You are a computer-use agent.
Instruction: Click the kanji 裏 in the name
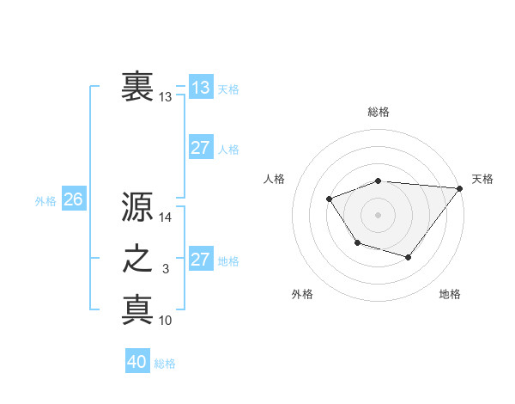pos(137,86)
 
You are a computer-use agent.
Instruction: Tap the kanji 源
pos(137,206)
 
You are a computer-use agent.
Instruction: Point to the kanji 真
pos(137,309)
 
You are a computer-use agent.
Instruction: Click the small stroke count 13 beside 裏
pos(166,97)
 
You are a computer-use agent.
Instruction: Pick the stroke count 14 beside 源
pos(166,218)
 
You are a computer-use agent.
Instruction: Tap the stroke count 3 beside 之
pos(166,270)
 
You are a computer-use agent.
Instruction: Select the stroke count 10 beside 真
pos(166,321)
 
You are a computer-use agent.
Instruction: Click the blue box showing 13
pos(200,87)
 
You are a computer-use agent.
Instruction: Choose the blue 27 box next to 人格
pos(200,148)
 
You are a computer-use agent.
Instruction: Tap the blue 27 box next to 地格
pos(200,260)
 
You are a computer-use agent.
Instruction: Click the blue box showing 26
pos(73,199)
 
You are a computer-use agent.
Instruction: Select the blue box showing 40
pos(137,362)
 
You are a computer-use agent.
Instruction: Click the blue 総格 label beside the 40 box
pos(165,364)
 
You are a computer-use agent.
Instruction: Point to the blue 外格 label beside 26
pos(45,201)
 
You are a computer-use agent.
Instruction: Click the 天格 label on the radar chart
pos(482,179)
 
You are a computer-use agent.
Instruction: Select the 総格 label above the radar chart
pos(379,112)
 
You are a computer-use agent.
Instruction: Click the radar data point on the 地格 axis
pos(409,257)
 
